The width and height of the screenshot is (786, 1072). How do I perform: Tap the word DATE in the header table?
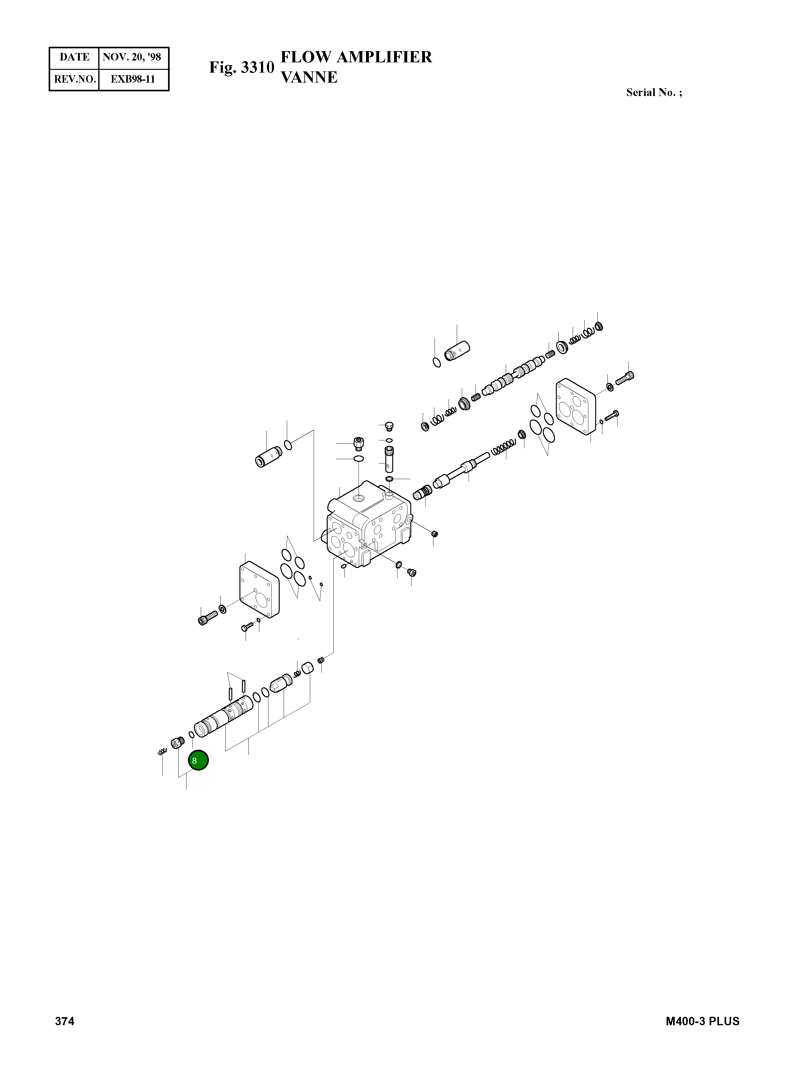[74, 57]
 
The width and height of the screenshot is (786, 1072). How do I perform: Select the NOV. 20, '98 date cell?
[132, 57]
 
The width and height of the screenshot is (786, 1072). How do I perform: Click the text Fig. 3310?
[242, 68]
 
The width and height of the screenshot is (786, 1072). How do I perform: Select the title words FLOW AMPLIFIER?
[356, 57]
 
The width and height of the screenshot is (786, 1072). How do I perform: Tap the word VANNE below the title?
[309, 77]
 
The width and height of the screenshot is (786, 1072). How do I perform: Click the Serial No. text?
[654, 93]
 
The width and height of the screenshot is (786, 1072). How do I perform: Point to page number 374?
[65, 1021]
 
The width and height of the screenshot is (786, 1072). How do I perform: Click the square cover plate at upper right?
[576, 407]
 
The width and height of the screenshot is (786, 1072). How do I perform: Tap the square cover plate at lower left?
[259, 590]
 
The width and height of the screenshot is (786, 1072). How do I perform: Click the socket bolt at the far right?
[625, 378]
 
